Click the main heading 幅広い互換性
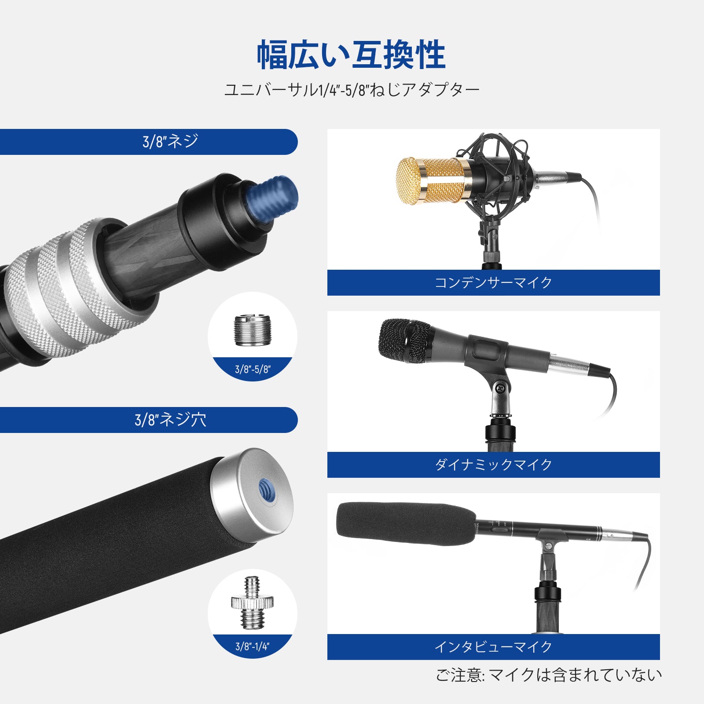(351, 55)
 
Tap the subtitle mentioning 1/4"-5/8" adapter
(352, 90)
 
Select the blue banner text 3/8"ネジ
(170, 142)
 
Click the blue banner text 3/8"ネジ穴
(170, 420)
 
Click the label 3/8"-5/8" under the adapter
(253, 369)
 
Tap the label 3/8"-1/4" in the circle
(253, 646)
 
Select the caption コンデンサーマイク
(493, 282)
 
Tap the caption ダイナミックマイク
(493, 465)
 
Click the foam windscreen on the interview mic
(405, 524)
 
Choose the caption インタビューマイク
(493, 647)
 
